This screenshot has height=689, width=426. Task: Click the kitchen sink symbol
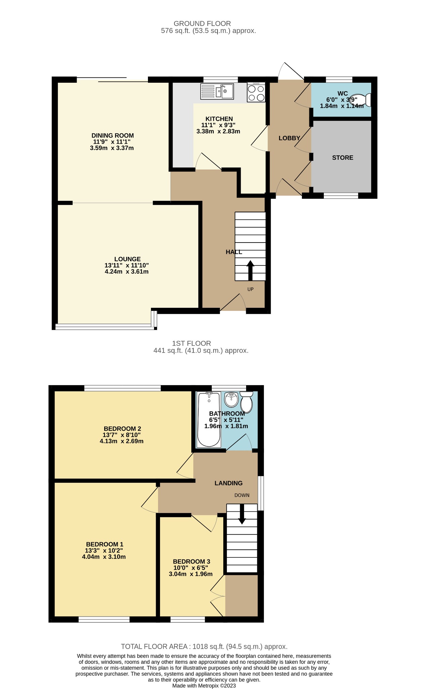[217, 91]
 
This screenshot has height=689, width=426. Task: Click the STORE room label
[343, 158]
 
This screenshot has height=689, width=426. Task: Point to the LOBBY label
[289, 138]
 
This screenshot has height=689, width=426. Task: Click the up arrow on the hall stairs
[250, 270]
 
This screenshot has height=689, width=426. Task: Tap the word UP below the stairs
[250, 289]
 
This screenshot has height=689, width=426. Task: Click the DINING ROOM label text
[113, 136]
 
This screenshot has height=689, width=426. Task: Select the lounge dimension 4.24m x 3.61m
[127, 271]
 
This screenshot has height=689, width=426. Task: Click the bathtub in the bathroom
[209, 420]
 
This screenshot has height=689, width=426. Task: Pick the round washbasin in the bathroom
[231, 399]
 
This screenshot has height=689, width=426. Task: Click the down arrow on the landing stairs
[242, 515]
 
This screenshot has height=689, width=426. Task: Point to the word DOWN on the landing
[242, 495]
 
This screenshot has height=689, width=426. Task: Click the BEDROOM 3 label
[192, 561]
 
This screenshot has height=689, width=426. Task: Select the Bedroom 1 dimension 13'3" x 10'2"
[104, 551]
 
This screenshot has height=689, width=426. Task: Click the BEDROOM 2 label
[122, 429]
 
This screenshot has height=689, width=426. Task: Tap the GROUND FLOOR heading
[202, 24]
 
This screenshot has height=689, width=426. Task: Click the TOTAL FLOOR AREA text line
[204, 647]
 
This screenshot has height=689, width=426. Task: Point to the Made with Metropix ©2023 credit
[204, 686]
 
